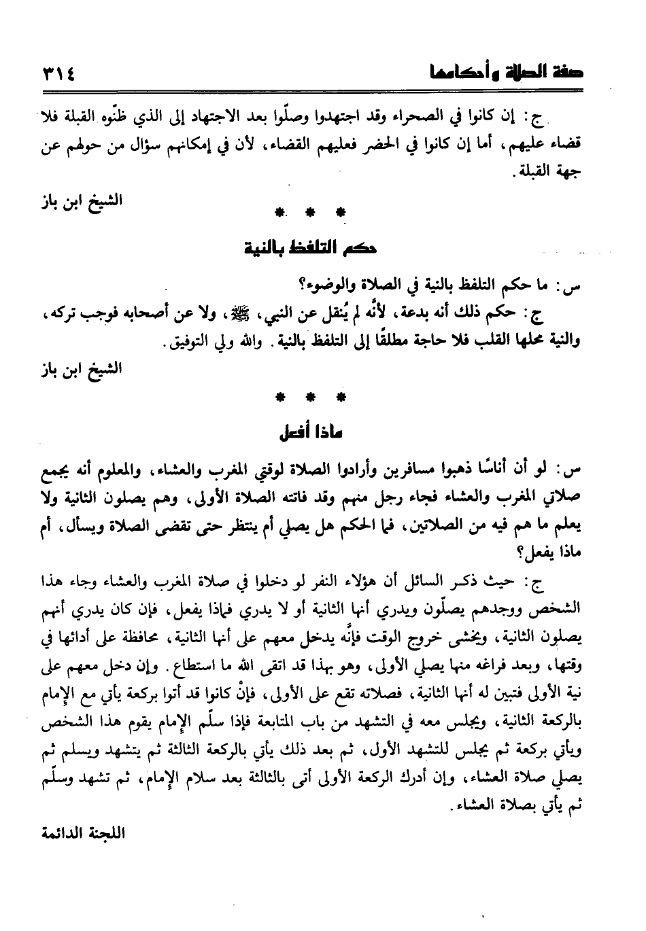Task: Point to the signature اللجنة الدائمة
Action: pos(82,832)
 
